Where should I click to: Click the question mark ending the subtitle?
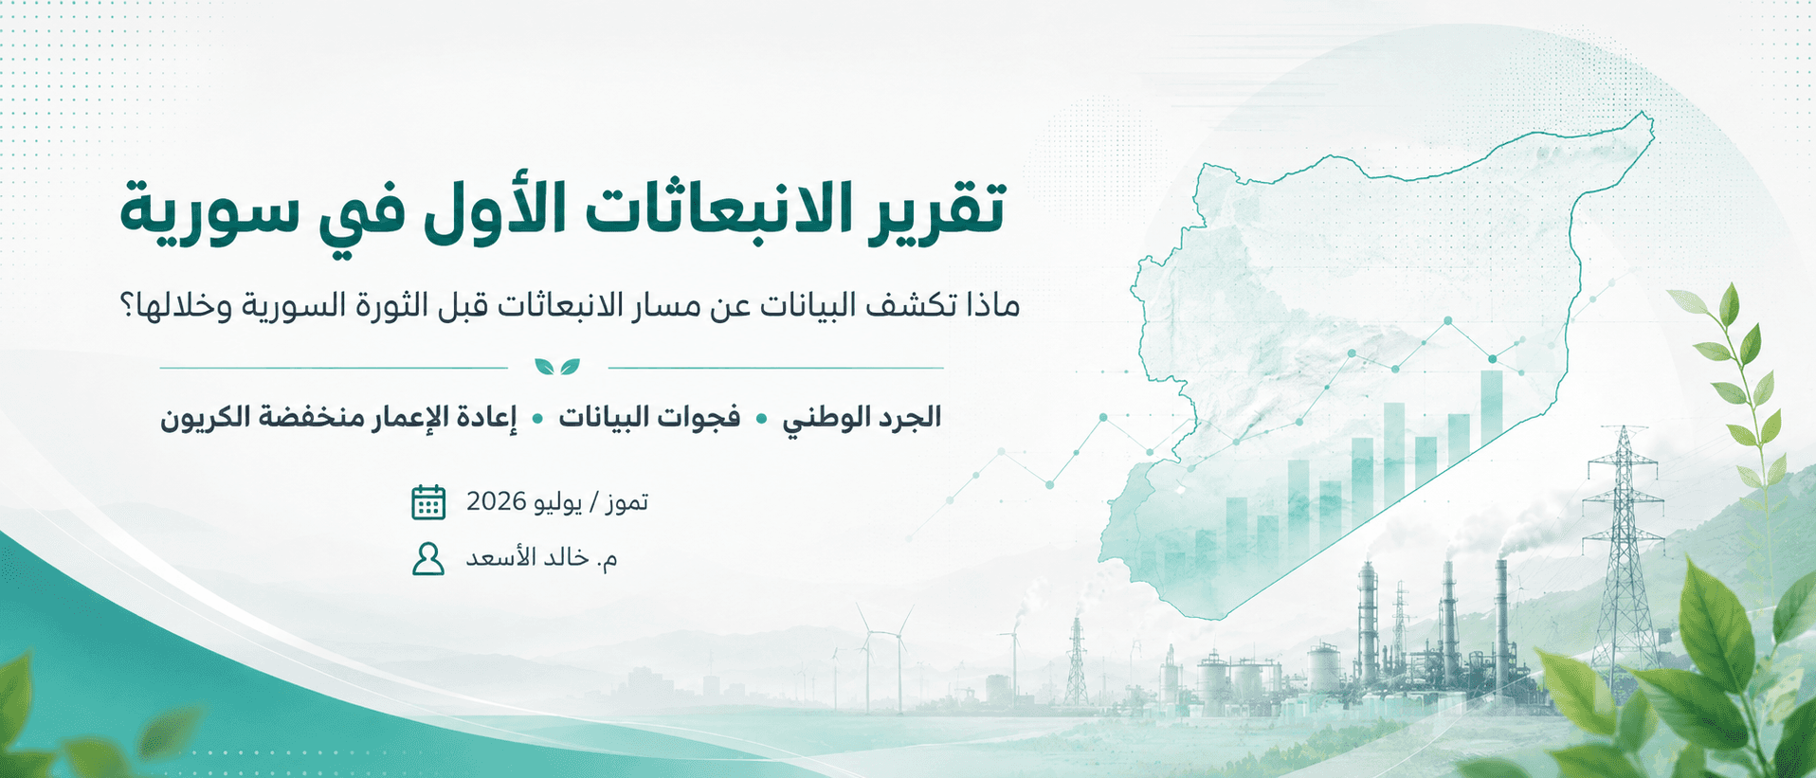[129, 306]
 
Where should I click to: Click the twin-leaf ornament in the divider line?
[557, 367]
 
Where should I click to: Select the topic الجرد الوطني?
[862, 418]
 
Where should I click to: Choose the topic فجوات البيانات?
[649, 418]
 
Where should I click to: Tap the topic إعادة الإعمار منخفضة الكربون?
[339, 418]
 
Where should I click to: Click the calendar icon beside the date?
[428, 502]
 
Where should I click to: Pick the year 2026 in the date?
[497, 501]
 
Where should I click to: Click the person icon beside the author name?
[428, 559]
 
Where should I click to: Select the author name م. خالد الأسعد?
[541, 558]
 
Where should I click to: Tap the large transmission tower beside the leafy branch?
[1624, 554]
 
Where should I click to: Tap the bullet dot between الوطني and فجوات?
[761, 419]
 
